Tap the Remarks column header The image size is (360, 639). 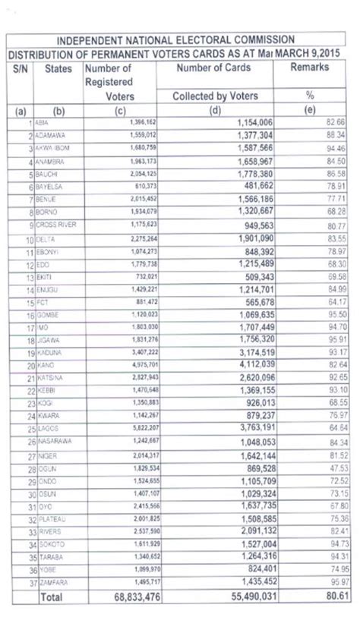pos(309,68)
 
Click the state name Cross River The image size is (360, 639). pos(55,225)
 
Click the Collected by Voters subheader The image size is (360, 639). pos(216,96)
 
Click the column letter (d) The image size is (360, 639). pos(216,110)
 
